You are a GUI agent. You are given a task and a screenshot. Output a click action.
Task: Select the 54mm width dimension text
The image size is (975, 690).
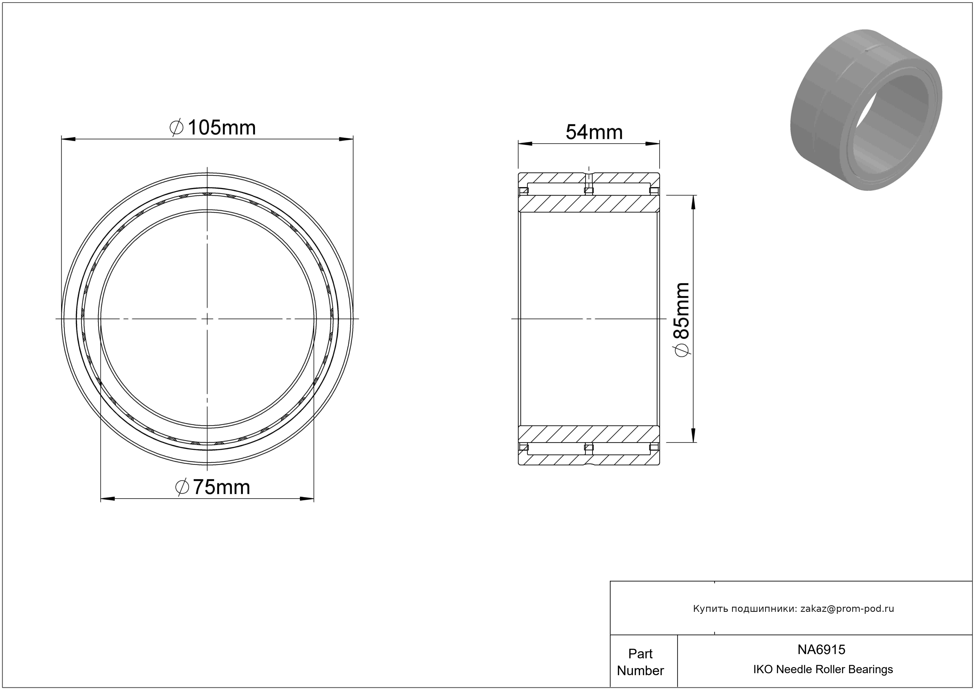coord(594,132)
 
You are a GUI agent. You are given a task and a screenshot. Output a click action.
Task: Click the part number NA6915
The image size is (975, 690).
coord(821,649)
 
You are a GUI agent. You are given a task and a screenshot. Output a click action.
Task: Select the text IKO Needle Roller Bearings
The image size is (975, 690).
coord(823,669)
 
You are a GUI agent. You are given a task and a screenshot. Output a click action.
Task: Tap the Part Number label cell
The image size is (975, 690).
coord(640,662)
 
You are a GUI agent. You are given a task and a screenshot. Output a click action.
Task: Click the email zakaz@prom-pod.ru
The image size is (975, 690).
coord(847,609)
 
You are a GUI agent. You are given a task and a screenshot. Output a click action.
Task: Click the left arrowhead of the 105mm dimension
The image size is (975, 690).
coord(68,139)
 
